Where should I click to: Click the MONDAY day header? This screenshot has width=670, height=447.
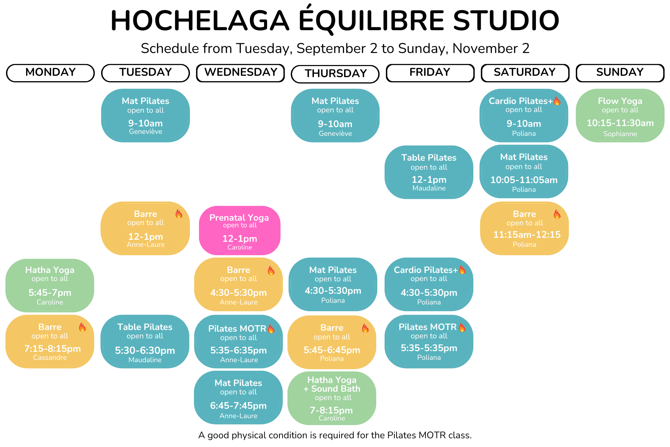[x=50, y=73]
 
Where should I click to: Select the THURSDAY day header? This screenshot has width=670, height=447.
[x=335, y=74]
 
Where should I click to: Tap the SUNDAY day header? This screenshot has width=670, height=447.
[x=620, y=73]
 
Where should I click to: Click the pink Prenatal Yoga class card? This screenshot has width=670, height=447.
[x=240, y=230]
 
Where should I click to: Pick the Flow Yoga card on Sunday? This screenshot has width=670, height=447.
[x=620, y=115]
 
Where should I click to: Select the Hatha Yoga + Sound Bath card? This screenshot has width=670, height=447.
[x=332, y=398]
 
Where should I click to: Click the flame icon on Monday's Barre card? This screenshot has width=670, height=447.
[x=82, y=327]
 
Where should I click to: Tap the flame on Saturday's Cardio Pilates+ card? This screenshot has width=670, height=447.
[x=557, y=101]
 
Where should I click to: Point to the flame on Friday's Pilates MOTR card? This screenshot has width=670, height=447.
[x=462, y=327]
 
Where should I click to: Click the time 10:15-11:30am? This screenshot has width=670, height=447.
[x=620, y=123]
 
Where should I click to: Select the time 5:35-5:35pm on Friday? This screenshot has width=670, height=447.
[x=429, y=348]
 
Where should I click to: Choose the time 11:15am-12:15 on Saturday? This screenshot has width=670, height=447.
[x=527, y=234]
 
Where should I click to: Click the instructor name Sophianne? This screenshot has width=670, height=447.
[x=620, y=134]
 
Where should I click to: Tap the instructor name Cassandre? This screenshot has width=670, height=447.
[x=50, y=357]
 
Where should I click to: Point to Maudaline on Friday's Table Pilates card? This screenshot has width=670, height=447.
[x=429, y=188]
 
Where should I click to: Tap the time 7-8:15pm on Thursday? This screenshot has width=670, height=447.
[x=331, y=410]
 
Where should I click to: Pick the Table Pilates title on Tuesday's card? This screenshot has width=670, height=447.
[x=145, y=327]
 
